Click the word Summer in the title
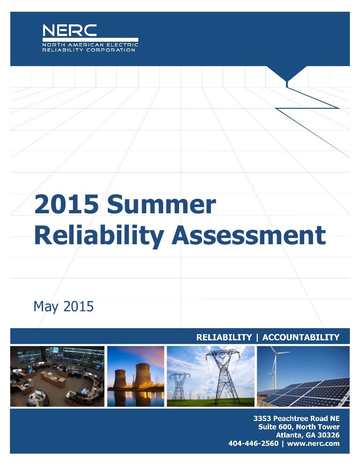[161, 205]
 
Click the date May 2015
[63, 307]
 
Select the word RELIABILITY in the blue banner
[224, 337]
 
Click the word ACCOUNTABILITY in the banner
[301, 337]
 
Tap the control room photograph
[58, 376]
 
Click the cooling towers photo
[136, 376]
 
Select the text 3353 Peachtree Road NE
[296, 418]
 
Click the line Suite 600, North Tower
[299, 427]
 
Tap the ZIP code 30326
[329, 435]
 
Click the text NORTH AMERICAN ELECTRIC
[90, 45]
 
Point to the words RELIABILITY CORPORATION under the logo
[89, 50]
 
